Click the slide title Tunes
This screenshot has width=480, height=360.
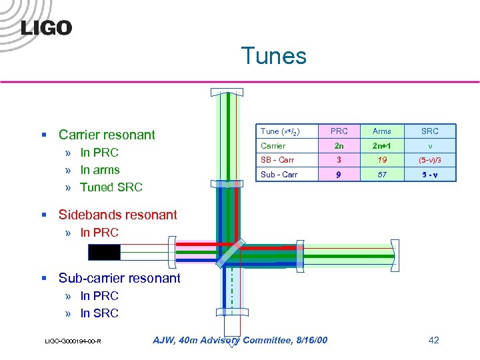[x=273, y=55]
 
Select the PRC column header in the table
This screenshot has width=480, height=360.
[x=339, y=131]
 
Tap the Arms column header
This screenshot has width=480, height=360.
[x=382, y=131]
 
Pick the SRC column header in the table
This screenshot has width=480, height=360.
[x=429, y=131]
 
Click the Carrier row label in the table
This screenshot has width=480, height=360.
[x=273, y=146]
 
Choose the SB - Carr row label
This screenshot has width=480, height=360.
[x=277, y=160]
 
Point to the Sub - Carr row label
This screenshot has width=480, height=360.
[x=279, y=175]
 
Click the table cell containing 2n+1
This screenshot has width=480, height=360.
[x=382, y=146]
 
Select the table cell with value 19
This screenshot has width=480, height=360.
[x=382, y=160]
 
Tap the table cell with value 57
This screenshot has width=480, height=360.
[x=382, y=175]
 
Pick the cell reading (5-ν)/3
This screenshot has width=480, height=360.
[x=429, y=160]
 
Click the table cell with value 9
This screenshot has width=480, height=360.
[x=339, y=175]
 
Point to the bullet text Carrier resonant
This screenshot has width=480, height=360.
[x=107, y=135]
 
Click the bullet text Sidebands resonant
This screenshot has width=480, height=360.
[x=117, y=215]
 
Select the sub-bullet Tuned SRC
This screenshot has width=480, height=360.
[x=111, y=187]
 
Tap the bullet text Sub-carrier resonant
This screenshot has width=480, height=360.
[x=119, y=278]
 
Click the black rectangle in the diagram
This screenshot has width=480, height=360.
[x=104, y=252]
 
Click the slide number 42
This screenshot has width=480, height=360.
[x=433, y=340]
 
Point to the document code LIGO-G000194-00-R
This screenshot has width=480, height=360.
[x=73, y=341]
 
